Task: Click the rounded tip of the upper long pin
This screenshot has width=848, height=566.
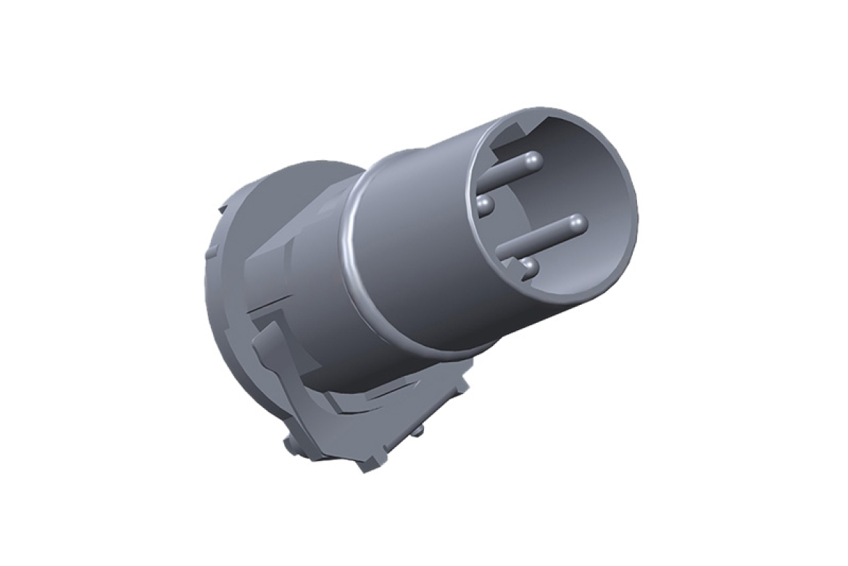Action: [x=533, y=159]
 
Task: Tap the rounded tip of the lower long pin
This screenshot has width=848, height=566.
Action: [x=577, y=224]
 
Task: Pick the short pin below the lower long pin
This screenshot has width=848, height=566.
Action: [x=529, y=269]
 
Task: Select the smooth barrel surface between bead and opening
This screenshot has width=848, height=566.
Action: [x=413, y=239]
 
